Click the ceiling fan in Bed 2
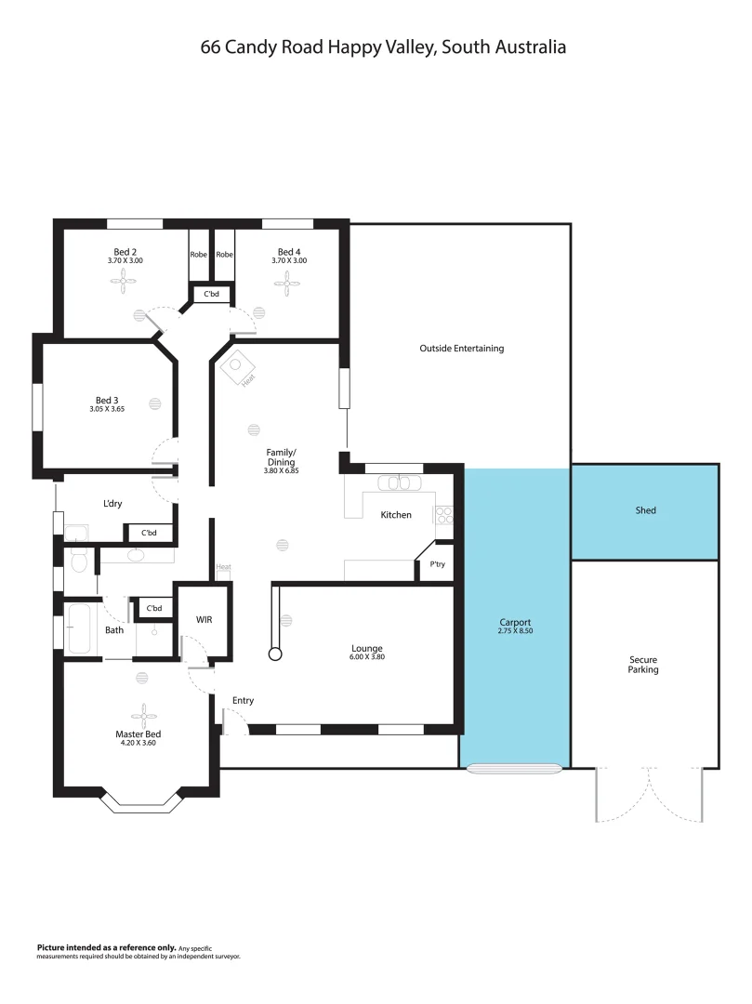tap(125, 285)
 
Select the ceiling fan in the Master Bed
tap(144, 712)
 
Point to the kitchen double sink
tap(399, 482)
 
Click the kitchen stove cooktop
tap(444, 513)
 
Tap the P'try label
tap(436, 564)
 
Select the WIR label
tap(204, 619)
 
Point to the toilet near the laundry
tap(78, 561)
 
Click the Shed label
tap(645, 510)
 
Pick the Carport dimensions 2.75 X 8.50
tap(515, 631)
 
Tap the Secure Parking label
tap(643, 665)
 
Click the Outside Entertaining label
tap(461, 349)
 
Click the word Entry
tap(243, 700)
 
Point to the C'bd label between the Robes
tap(211, 295)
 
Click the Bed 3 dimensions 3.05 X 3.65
tap(107, 409)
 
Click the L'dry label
tap(112, 504)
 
